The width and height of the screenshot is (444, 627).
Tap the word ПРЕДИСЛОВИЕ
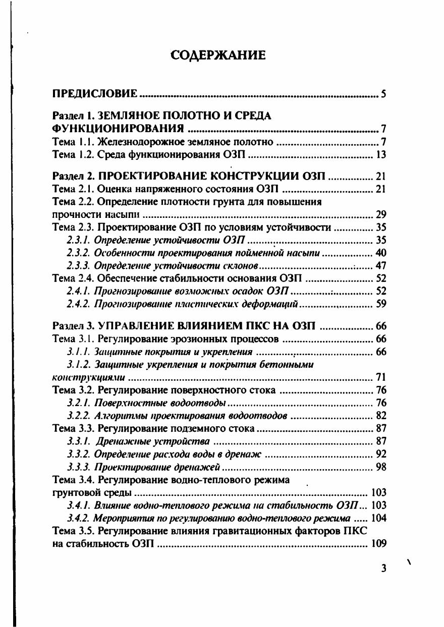[x=95, y=94]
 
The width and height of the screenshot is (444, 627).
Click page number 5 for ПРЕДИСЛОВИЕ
[x=384, y=94]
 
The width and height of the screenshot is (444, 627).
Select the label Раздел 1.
[x=70, y=116]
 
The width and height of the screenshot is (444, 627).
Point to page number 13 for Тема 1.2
[x=381, y=154]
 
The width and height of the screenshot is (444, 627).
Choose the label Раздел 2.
[x=70, y=177]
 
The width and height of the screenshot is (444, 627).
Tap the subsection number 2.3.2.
[x=80, y=252]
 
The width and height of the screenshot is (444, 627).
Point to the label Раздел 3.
[x=70, y=326]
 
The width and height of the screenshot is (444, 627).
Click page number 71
[x=381, y=376]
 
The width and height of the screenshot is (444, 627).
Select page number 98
[x=381, y=467]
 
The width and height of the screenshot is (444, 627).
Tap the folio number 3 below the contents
[x=384, y=568]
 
